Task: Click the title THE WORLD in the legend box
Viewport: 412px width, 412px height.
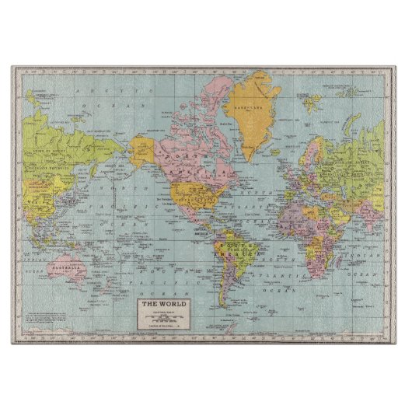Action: click(x=162, y=303)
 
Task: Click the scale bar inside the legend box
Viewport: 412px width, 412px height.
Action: click(x=162, y=318)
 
